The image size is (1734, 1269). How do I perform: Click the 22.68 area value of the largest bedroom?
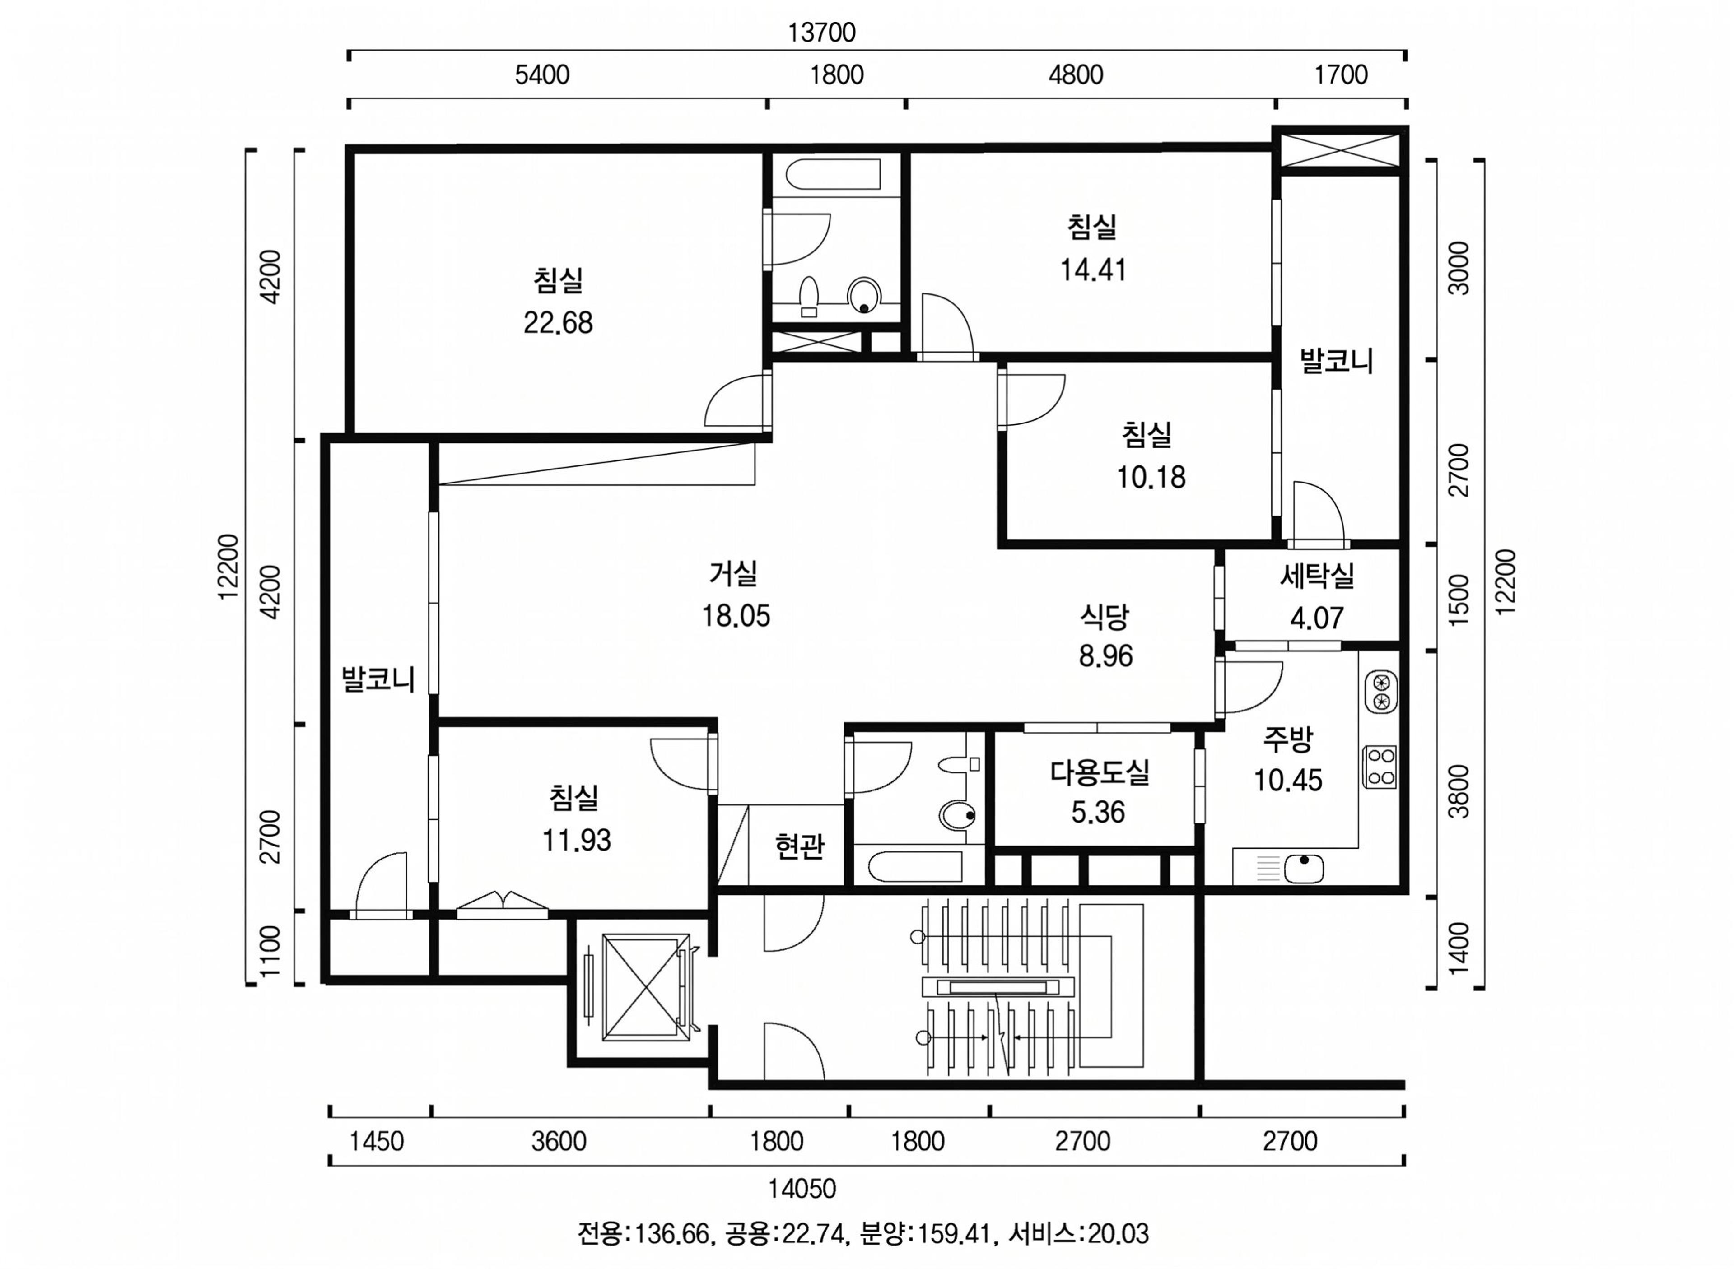558,323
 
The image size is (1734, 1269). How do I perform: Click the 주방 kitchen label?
1288,738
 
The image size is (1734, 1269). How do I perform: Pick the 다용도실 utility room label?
1100,772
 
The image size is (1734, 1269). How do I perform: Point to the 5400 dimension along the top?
542,74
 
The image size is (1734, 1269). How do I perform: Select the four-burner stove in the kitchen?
1380,767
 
